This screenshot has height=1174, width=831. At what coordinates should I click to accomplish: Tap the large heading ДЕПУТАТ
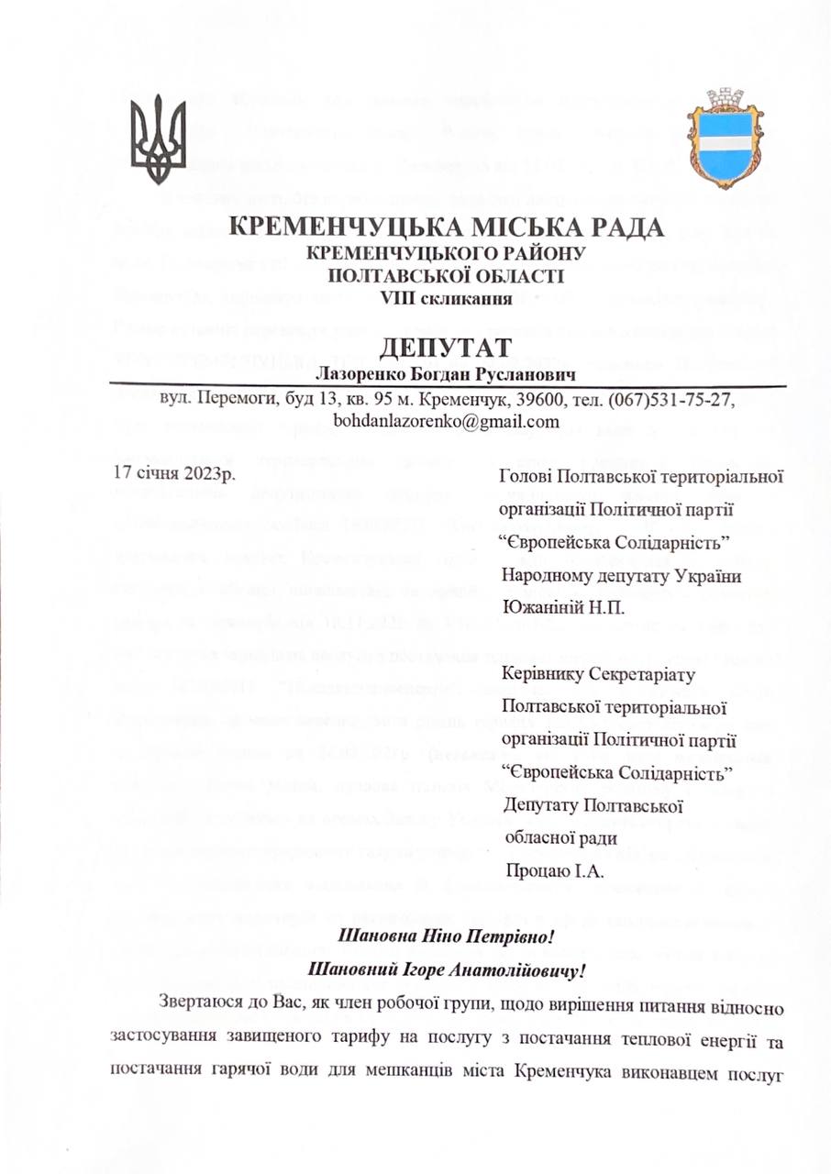click(x=446, y=349)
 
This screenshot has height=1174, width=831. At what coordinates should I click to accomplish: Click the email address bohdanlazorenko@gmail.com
click(x=447, y=422)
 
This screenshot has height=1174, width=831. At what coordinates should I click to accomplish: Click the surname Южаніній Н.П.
click(x=565, y=606)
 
